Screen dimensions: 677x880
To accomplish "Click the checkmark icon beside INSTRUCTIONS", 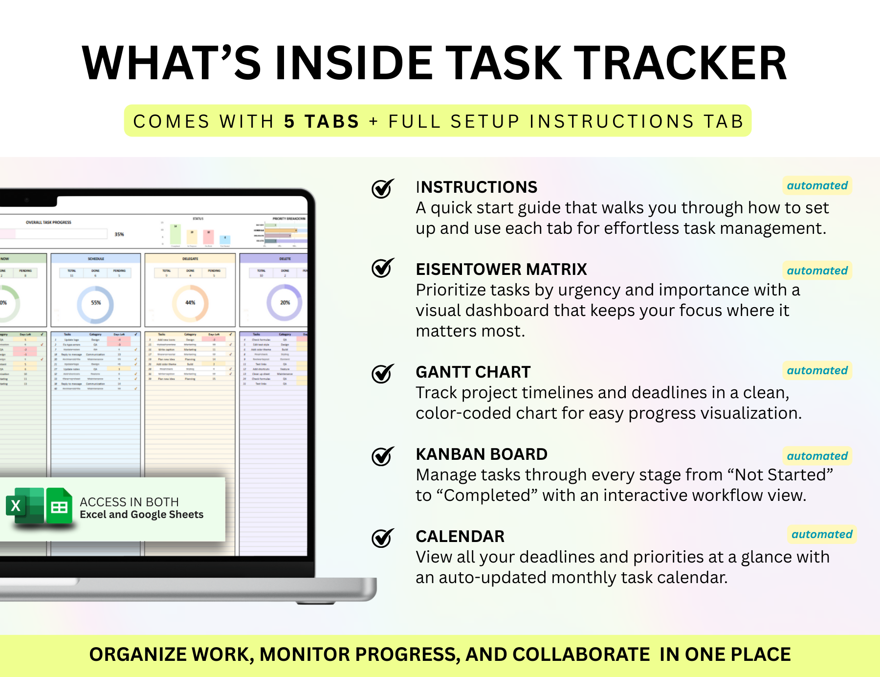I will tap(382, 188).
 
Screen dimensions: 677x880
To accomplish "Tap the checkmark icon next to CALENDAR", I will tap(382, 538).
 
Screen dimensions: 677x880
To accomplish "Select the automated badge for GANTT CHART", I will tap(817, 370).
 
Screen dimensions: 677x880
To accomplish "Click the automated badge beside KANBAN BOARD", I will tap(817, 456).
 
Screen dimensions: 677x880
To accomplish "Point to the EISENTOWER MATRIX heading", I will tap(501, 270).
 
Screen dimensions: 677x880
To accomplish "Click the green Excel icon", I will tap(24, 506).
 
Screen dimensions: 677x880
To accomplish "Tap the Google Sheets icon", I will tap(60, 506).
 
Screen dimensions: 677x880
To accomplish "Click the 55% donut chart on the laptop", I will tap(96, 303).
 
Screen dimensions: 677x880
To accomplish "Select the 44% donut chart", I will tap(190, 303).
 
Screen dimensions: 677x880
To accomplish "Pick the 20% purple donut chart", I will tap(285, 303).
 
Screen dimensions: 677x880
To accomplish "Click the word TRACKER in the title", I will tap(680, 64).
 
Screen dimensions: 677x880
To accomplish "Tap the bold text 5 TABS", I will tap(322, 121).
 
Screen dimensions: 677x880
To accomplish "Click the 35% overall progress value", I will tap(119, 234).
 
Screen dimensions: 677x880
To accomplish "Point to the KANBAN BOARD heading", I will tap(482, 454).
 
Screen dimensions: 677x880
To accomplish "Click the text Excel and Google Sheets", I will tap(141, 515).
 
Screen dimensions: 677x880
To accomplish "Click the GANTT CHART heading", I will tap(473, 372).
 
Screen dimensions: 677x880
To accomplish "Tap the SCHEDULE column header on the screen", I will tap(96, 259).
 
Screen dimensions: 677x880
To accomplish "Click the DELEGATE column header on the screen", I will tap(190, 259).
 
